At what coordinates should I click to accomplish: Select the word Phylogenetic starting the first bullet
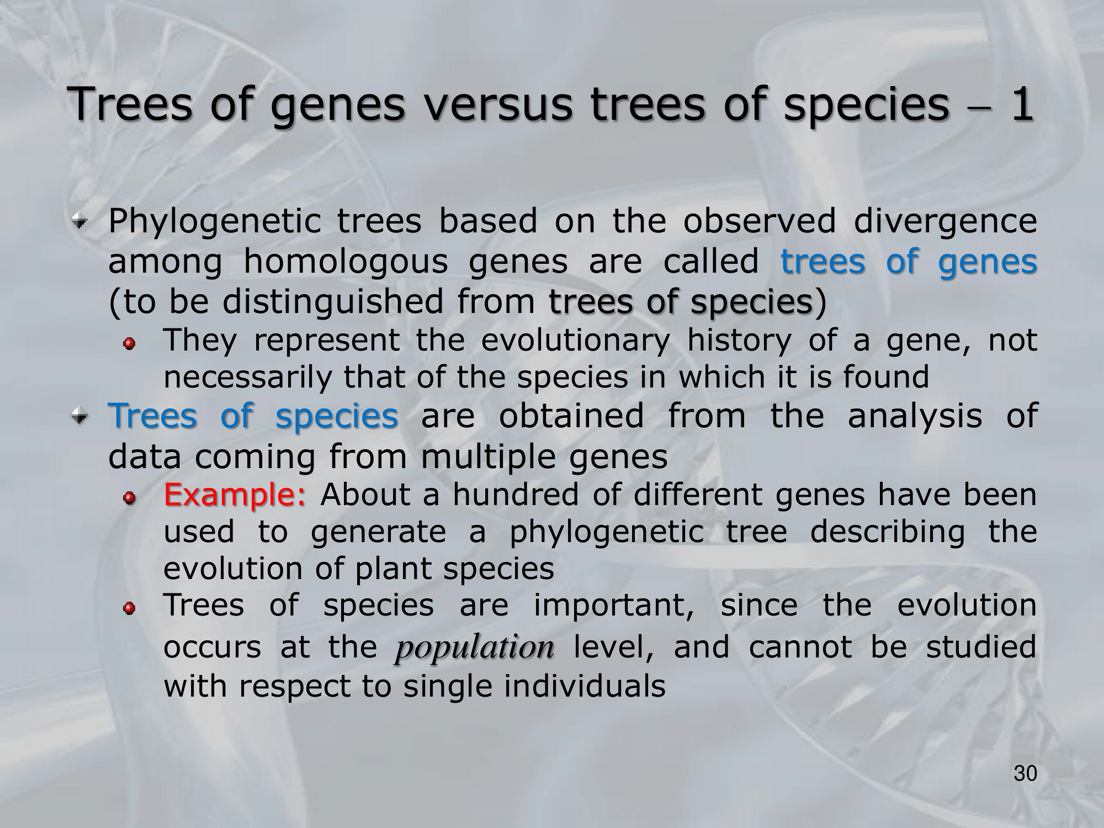215,222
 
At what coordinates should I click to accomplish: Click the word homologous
346,262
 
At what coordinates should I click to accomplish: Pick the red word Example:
235,495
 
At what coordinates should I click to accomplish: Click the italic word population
474,647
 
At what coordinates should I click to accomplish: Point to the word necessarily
248,378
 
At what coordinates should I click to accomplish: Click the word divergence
945,222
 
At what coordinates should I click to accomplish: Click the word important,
614,606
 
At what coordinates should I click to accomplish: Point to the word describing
887,532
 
